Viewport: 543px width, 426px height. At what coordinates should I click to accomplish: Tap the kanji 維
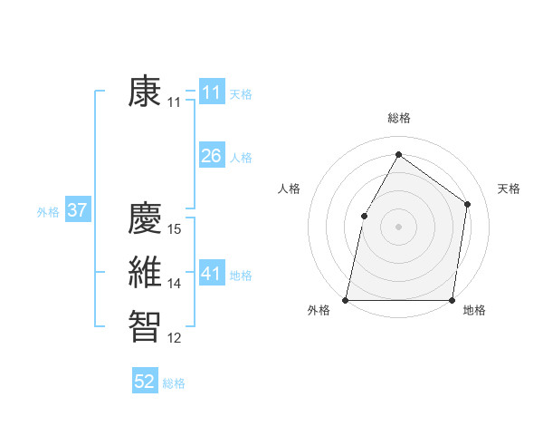tap(146, 273)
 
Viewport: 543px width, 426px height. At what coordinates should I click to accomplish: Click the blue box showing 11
tap(211, 92)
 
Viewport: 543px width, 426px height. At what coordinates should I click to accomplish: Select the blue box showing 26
tap(211, 156)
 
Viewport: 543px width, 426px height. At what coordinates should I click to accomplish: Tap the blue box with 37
tap(77, 210)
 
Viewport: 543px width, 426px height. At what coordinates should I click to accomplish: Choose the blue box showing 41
tap(211, 274)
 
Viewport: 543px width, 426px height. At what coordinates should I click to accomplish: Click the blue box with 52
tap(145, 382)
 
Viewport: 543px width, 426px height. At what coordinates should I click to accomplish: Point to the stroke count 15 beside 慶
tap(176, 229)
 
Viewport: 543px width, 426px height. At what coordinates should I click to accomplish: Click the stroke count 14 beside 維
tap(176, 284)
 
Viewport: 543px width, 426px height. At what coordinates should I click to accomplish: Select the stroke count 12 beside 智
tap(176, 338)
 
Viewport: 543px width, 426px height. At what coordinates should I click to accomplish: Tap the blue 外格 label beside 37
tap(48, 212)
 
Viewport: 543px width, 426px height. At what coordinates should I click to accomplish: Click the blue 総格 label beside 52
tap(174, 383)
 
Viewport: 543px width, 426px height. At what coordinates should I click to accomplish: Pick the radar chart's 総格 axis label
tap(398, 119)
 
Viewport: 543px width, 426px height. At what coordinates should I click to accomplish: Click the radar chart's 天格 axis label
tap(509, 189)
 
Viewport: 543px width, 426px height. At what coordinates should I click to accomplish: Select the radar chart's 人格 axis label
tap(289, 189)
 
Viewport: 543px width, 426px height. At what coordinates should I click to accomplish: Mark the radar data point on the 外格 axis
tap(346, 299)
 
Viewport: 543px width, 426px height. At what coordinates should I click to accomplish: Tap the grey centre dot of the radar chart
tap(398, 226)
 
